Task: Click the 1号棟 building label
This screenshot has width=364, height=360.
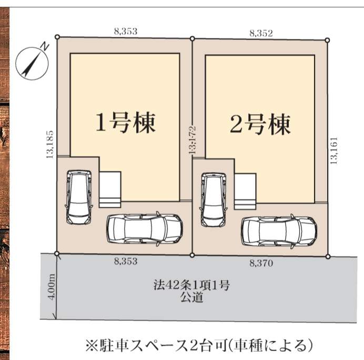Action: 126,123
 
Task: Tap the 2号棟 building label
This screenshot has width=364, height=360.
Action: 260,124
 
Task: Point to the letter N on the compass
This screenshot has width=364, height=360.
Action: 45,46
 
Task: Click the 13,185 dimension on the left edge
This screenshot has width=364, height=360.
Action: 49,144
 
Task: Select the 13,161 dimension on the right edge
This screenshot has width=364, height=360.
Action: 333,151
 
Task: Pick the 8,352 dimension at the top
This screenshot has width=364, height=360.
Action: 261,34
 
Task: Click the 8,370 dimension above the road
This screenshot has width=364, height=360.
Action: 261,263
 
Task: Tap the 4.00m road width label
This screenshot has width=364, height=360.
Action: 52,287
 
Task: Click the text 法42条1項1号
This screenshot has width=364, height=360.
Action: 191,285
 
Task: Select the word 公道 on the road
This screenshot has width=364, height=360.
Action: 192,297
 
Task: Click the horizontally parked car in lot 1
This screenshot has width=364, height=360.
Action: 145,229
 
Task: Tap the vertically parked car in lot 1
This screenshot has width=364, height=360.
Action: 79,197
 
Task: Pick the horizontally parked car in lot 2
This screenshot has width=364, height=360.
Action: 279,232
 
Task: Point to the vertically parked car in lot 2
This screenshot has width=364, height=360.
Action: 214,200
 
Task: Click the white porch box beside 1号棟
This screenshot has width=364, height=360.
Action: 110,189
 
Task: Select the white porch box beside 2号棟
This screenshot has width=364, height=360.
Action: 245,192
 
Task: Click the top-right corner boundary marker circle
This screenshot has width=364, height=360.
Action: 327,41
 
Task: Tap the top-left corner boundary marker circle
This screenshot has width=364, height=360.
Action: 57,37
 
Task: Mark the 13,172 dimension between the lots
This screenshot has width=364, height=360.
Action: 193,141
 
